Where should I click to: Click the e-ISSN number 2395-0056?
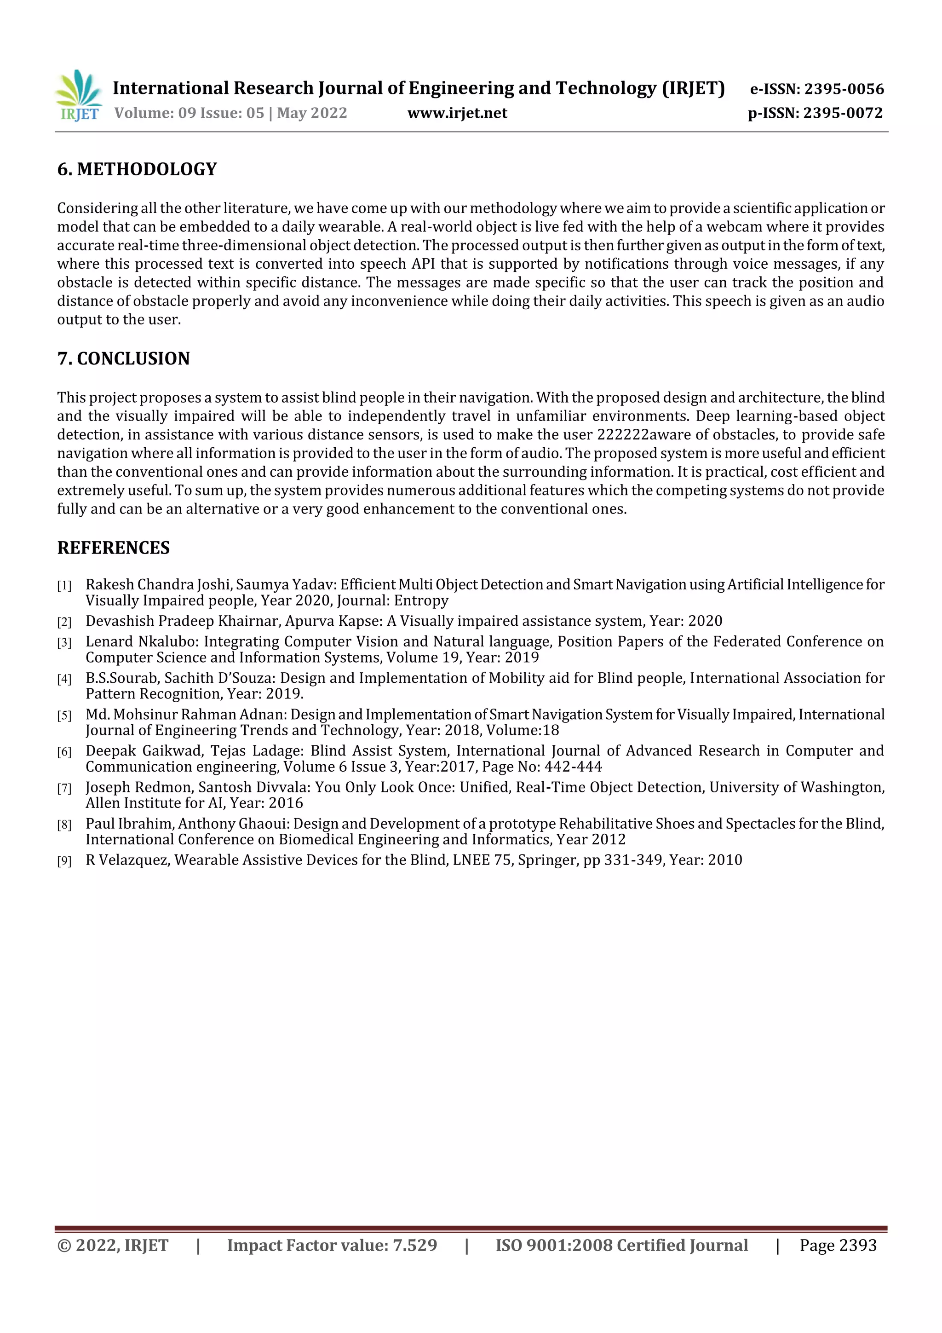pyautogui.click(x=843, y=89)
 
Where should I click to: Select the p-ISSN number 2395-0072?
pyautogui.click(x=843, y=113)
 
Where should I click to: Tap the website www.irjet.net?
pyautogui.click(x=457, y=113)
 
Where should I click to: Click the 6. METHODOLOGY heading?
pyautogui.click(x=137, y=169)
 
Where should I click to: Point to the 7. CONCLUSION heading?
pyautogui.click(x=124, y=358)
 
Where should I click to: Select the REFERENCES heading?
pyautogui.click(x=113, y=548)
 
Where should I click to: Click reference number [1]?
pyautogui.click(x=64, y=585)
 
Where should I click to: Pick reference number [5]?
pyautogui.click(x=64, y=715)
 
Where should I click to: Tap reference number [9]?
pyautogui.click(x=64, y=861)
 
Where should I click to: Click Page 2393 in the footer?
pyautogui.click(x=838, y=1245)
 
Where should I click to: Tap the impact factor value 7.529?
pyautogui.click(x=414, y=1245)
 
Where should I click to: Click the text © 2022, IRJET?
pyautogui.click(x=113, y=1245)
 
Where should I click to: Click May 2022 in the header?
pyautogui.click(x=312, y=113)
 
